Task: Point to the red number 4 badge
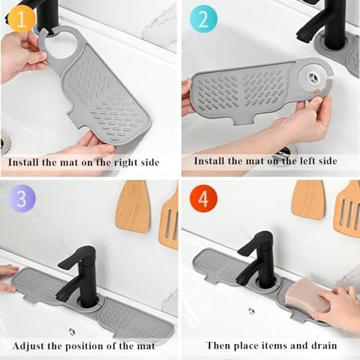point(202,200)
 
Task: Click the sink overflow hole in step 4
point(251,311)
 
